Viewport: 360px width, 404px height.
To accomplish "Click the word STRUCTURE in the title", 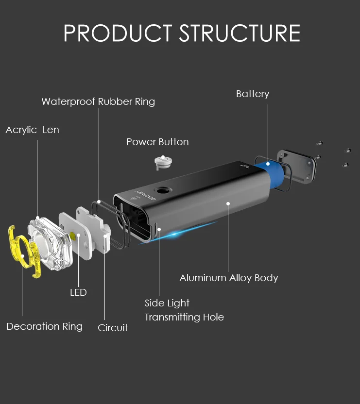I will [x=240, y=33].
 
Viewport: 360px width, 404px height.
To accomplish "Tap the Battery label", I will [x=252, y=94].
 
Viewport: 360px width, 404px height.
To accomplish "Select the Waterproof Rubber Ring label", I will [x=98, y=101].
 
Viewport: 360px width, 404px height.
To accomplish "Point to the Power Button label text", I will [x=157, y=142].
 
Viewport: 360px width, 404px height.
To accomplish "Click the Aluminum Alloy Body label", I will [x=229, y=278].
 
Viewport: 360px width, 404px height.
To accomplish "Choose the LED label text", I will [x=78, y=292].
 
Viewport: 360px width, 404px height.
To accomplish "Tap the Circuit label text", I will [x=113, y=328].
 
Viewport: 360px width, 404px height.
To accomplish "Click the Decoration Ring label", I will [x=44, y=326].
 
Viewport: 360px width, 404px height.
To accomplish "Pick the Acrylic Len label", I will [x=32, y=130].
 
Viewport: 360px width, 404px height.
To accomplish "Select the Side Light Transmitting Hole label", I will [x=184, y=310].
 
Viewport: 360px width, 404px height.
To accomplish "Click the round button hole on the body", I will [x=162, y=191].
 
